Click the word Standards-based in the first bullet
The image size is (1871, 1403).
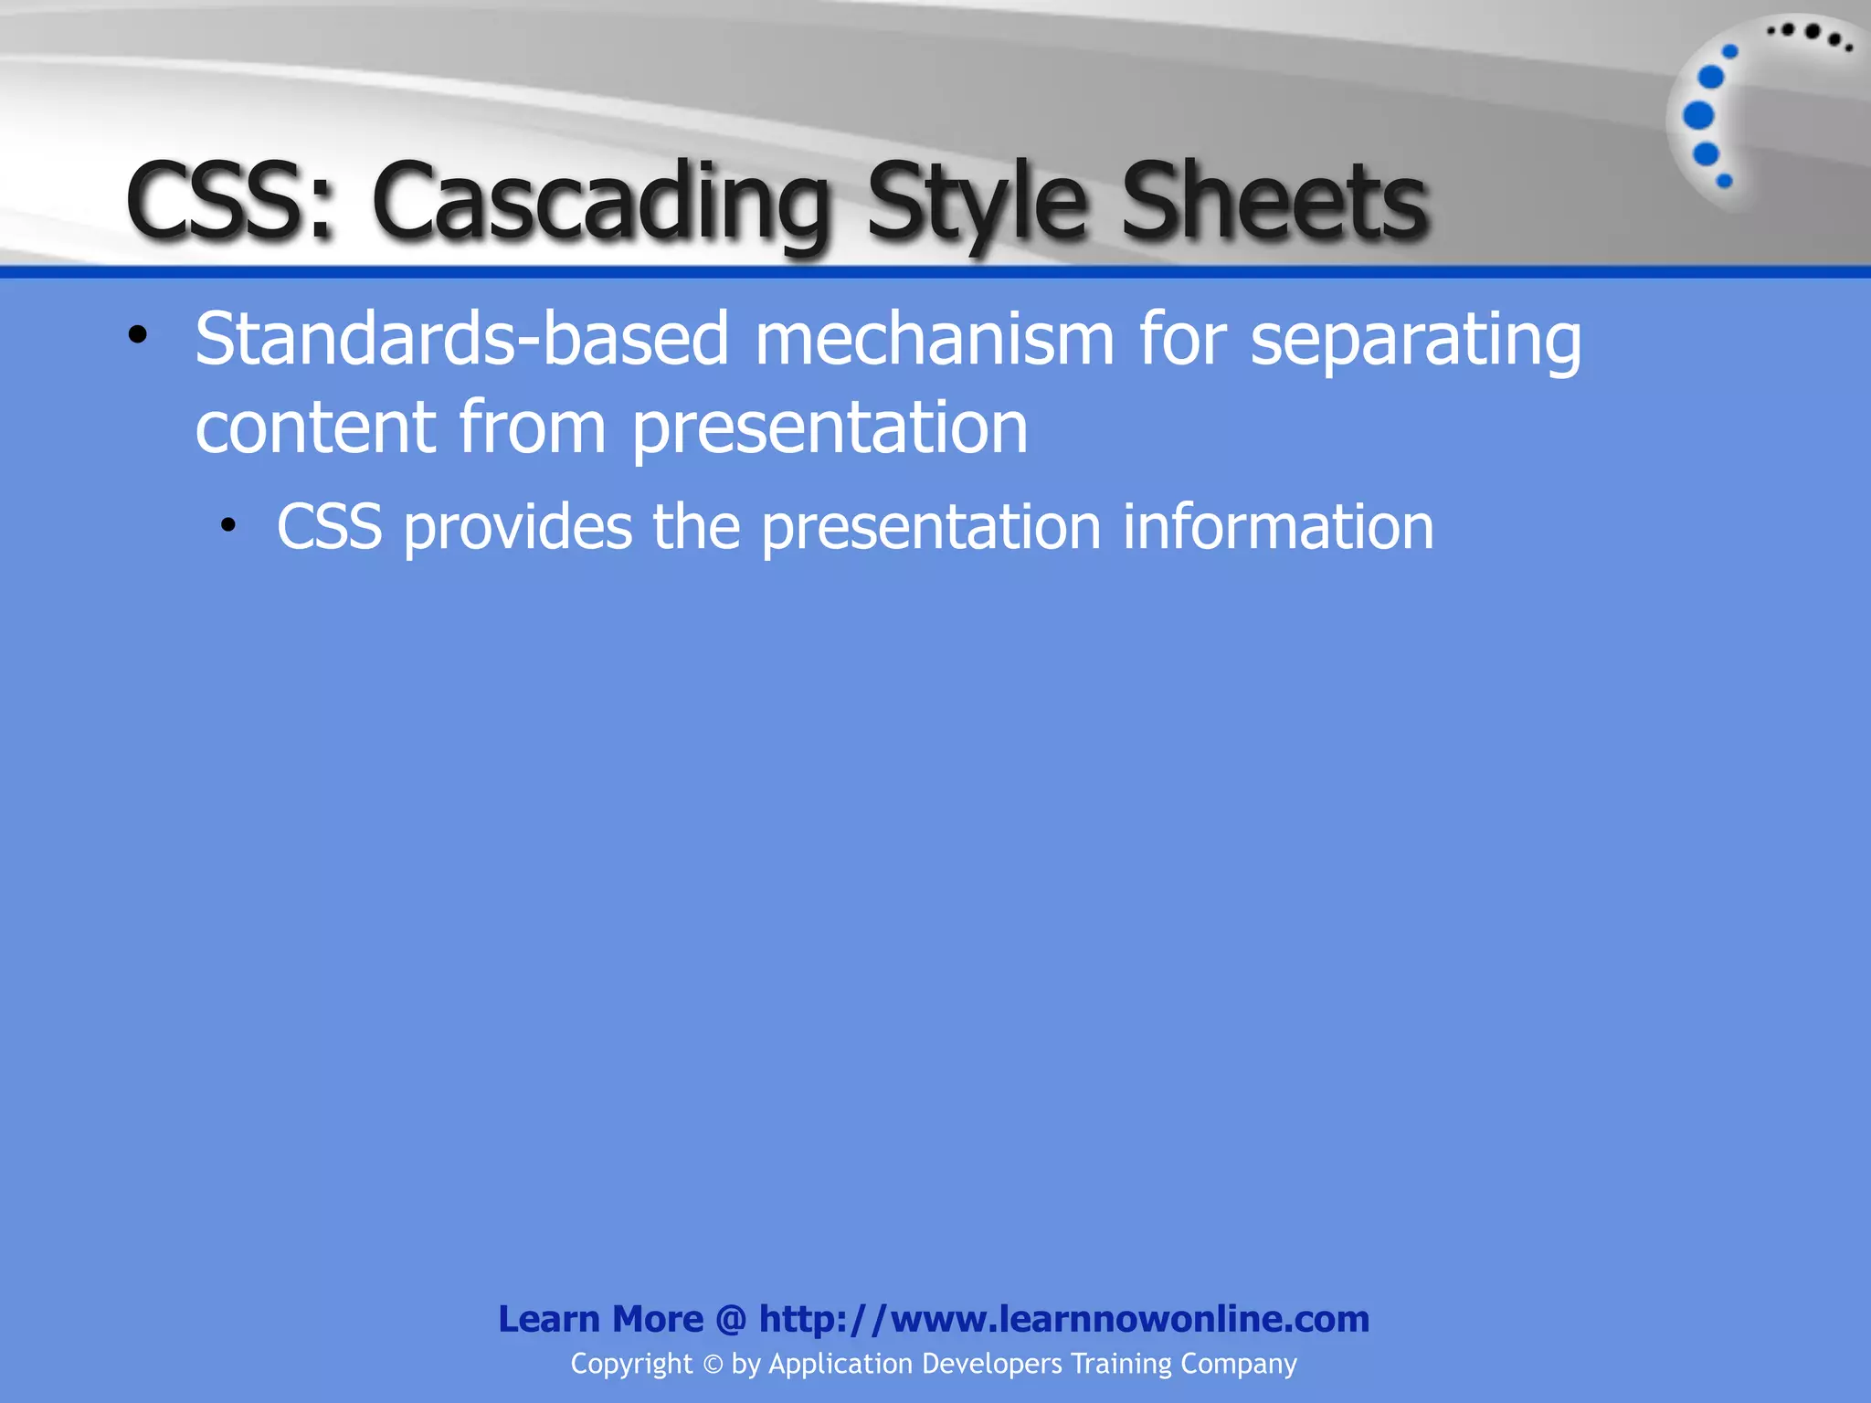coord(461,340)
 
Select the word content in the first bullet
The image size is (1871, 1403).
coord(315,427)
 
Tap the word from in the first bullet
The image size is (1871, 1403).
coord(532,427)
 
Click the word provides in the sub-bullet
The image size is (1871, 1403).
coord(517,528)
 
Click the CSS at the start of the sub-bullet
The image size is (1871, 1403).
coord(329,528)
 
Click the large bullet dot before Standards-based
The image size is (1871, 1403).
coord(138,335)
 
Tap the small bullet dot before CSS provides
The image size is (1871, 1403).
coord(228,525)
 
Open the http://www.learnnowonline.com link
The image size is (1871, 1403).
coord(1063,1319)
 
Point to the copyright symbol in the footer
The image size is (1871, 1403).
coord(713,1365)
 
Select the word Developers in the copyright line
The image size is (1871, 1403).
coord(992,1364)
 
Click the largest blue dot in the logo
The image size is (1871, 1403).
coord(1698,116)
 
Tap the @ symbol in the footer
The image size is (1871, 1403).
coord(731,1319)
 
